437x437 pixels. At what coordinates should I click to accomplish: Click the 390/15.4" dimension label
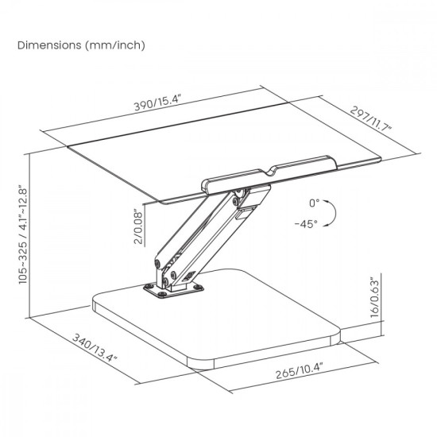point(158,102)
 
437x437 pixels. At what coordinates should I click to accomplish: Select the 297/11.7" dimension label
point(371,118)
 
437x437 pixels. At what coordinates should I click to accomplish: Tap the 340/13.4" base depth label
point(95,347)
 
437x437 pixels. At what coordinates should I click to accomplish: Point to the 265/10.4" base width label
point(299,370)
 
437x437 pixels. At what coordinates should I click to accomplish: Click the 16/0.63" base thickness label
point(375,297)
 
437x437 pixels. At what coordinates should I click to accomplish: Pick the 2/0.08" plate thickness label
point(138,226)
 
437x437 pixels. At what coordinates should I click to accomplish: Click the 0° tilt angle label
point(314,203)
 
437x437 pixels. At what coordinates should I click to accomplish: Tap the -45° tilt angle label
point(306,223)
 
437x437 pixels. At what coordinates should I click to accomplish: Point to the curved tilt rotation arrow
point(335,213)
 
